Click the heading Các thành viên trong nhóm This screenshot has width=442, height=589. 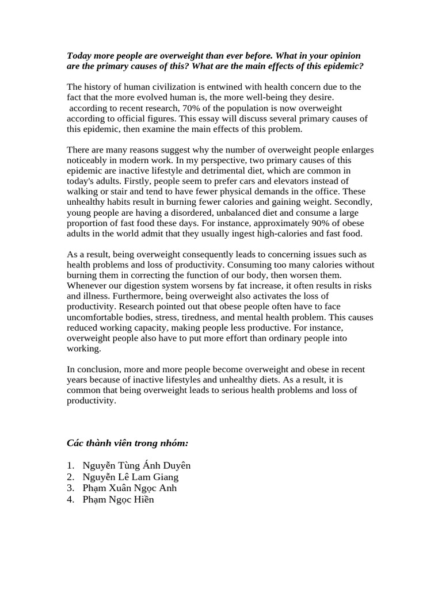[128, 443]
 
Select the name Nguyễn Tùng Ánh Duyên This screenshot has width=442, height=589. [136, 465]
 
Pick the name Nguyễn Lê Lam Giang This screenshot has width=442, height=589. [130, 477]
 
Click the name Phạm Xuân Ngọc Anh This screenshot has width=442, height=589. [129, 488]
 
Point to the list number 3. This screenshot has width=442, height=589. [70, 488]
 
